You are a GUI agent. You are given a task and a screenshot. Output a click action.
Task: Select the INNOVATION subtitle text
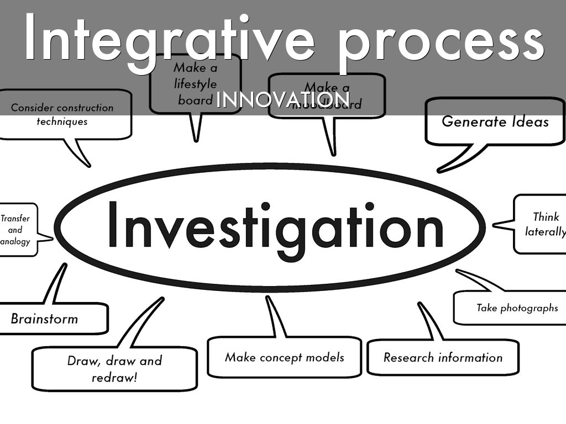click(x=282, y=99)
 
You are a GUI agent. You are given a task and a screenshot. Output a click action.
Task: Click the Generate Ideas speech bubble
click(x=495, y=121)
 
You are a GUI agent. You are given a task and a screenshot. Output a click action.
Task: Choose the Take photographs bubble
click(x=517, y=308)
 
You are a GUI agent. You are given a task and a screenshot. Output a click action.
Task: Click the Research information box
click(x=443, y=357)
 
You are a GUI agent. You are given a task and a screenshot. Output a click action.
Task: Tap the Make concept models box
click(x=284, y=357)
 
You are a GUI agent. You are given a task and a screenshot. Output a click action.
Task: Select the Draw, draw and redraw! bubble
click(x=114, y=369)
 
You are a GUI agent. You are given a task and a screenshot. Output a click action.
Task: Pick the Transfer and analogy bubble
click(x=17, y=230)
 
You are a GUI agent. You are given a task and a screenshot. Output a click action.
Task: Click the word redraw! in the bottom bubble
click(x=114, y=378)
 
